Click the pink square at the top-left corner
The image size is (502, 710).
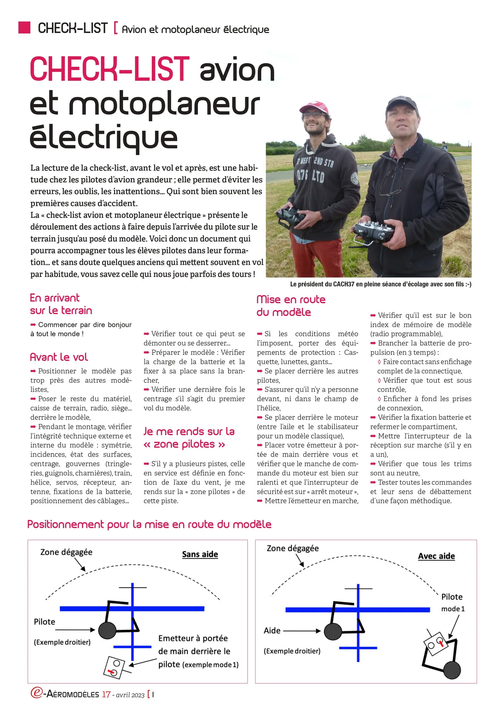(24, 27)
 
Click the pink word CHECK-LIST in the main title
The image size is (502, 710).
(110, 69)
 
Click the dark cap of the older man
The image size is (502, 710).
(401, 104)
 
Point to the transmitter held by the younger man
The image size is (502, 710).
(291, 218)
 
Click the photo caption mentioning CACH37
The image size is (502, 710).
(380, 284)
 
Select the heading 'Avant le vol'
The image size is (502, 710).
(59, 357)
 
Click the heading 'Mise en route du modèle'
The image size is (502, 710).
(291, 306)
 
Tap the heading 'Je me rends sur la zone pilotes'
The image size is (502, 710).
(189, 438)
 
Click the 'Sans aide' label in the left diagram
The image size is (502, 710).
(200, 554)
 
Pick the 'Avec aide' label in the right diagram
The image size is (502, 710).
(436, 556)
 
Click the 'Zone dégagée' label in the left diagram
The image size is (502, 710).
(66, 552)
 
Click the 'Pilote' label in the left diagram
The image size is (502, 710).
(44, 622)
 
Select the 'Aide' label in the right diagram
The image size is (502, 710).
(272, 630)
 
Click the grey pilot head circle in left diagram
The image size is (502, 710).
(107, 630)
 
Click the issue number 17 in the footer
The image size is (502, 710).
(106, 694)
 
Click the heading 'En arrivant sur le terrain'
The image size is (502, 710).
(61, 304)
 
